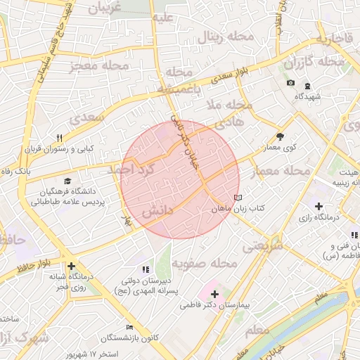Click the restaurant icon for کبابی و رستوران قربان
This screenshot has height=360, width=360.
(x=60, y=138)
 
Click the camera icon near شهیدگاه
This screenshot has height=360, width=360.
(x=290, y=84)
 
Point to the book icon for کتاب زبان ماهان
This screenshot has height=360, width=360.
(x=238, y=198)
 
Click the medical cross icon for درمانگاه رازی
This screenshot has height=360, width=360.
(x=319, y=207)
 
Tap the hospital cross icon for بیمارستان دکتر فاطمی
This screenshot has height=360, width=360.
(x=214, y=294)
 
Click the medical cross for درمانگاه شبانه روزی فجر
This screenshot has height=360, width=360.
(x=71, y=266)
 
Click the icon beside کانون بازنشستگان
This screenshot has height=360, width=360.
(x=129, y=327)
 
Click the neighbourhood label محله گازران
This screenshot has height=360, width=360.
(x=314, y=63)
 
